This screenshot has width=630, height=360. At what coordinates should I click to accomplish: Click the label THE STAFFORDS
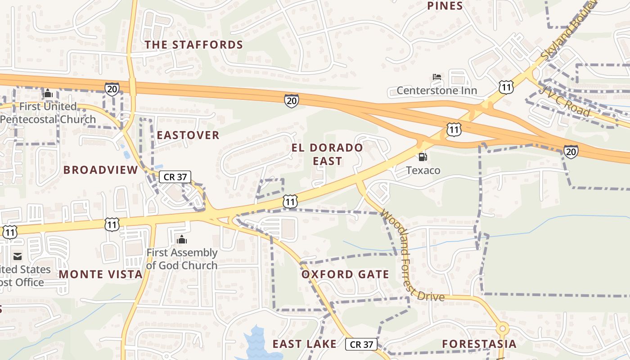(x=193, y=45)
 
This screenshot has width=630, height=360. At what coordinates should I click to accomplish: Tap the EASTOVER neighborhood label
(x=188, y=135)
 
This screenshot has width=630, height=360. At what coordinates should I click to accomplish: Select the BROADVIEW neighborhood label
(x=100, y=170)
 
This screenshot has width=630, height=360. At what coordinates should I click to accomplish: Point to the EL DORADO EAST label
(x=327, y=154)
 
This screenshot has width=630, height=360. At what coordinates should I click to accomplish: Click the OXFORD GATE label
(x=345, y=274)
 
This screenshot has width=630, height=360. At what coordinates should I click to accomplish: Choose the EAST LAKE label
(x=304, y=344)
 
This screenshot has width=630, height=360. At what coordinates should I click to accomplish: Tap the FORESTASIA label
(x=479, y=344)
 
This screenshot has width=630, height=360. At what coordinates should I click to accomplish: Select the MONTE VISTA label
(x=100, y=274)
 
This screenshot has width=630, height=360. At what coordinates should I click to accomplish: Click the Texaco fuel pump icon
(x=423, y=157)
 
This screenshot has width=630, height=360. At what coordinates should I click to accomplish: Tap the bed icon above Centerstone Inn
(x=436, y=77)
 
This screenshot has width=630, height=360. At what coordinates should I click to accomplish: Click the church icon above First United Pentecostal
(x=48, y=94)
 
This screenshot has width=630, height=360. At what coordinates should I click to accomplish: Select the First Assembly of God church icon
(x=182, y=239)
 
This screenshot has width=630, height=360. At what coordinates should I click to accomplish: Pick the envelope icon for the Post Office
(x=18, y=256)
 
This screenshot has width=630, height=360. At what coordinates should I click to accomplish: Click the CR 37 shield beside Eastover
(x=175, y=177)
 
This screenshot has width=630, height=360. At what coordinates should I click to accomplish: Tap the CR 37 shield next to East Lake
(x=361, y=344)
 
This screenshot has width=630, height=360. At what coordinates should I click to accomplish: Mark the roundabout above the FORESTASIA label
(x=503, y=328)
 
